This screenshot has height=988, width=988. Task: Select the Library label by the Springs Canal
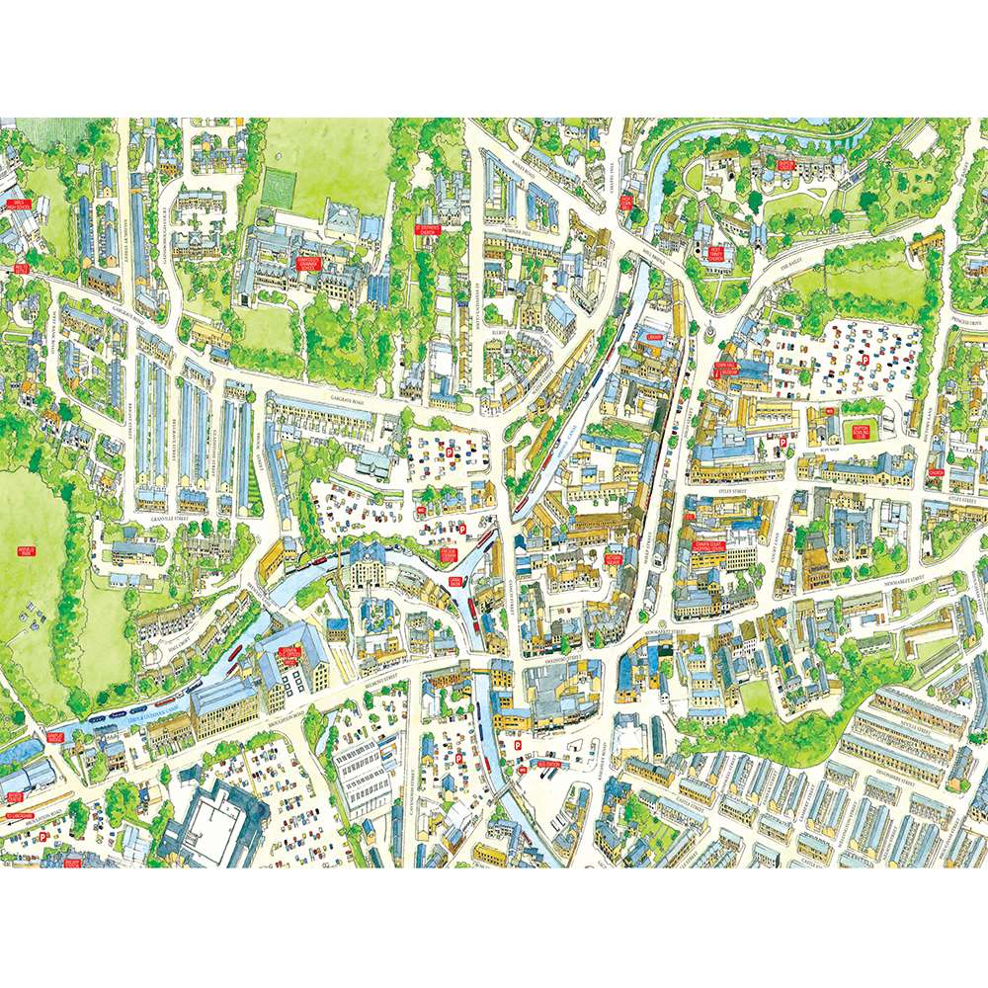pos(654,337)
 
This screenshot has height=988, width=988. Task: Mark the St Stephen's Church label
pos(427,228)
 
